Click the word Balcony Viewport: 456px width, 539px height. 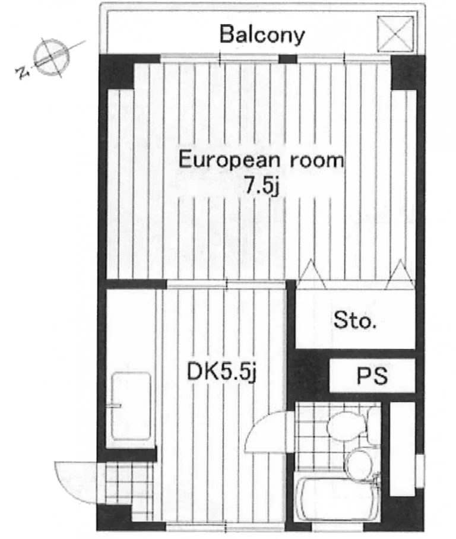tap(262, 34)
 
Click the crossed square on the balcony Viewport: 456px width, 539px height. tap(395, 34)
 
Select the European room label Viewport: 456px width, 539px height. tap(261, 160)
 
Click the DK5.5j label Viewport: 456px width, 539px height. tap(221, 372)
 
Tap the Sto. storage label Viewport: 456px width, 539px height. tap(354, 320)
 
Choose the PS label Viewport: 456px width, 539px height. tap(372, 376)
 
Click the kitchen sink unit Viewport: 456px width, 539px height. tap(131, 406)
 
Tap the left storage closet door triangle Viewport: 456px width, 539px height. tap(312, 274)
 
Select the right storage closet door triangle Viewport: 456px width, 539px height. tap(401, 274)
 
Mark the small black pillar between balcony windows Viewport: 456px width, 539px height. tap(287, 59)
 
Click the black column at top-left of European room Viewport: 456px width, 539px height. tap(116, 71)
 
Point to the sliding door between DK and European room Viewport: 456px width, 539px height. tap(226, 284)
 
